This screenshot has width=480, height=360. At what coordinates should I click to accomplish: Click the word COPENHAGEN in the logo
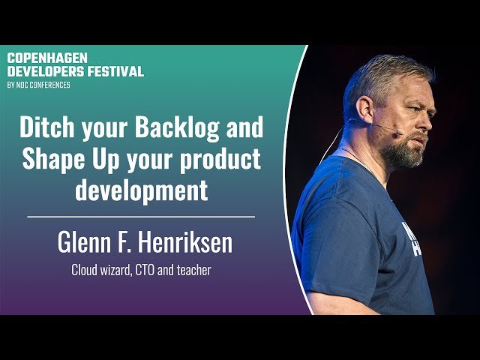pyautogui.click(x=47, y=58)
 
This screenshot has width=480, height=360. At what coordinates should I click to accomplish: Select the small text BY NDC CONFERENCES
pyautogui.click(x=38, y=85)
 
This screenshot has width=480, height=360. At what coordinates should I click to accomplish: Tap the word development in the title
pyautogui.click(x=141, y=190)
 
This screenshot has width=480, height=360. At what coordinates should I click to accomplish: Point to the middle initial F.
pyautogui.click(x=127, y=243)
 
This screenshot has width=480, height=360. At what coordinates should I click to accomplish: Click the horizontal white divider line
pyautogui.click(x=141, y=217)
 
